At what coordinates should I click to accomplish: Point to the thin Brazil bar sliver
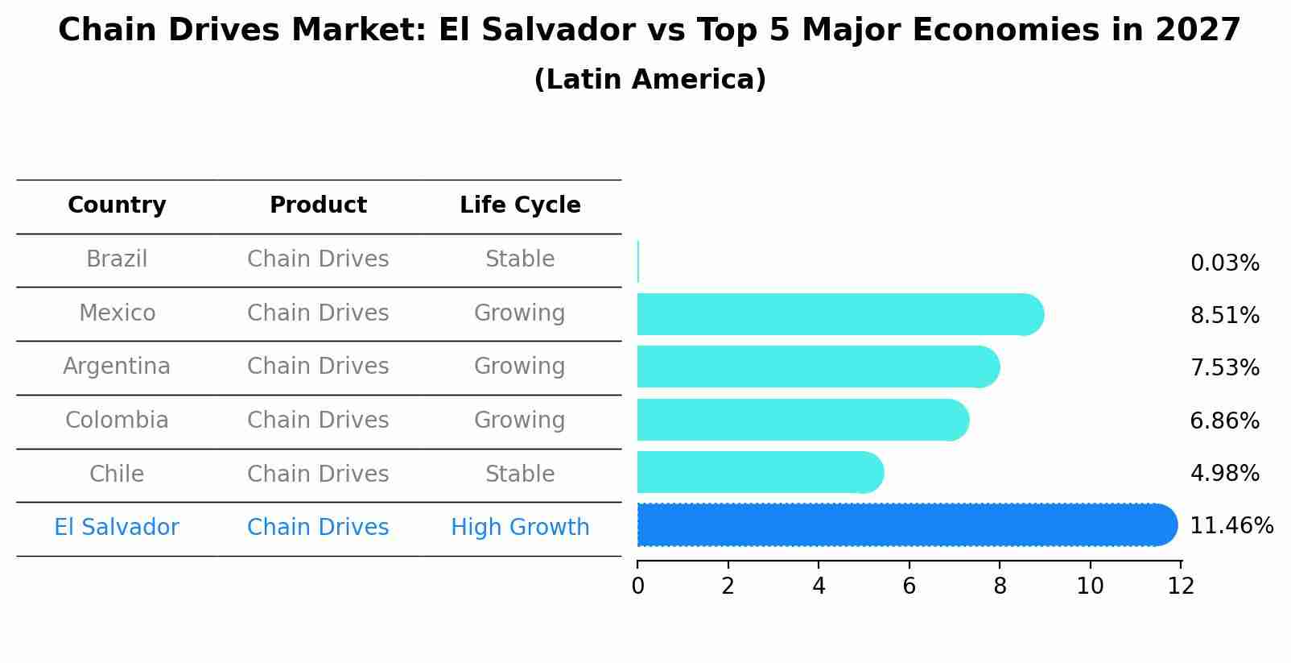638,262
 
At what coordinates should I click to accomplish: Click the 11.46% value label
1231,526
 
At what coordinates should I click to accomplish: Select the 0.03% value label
1224,263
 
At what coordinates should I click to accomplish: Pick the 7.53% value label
1224,368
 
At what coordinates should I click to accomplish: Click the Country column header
117,205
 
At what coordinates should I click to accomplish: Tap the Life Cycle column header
520,205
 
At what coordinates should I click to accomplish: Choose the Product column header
318,205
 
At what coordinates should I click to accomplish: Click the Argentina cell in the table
117,367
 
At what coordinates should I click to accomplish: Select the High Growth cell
520,528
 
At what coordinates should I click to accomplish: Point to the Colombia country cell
117,421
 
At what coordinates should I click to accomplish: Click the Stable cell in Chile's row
520,474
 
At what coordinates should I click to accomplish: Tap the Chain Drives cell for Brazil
318,259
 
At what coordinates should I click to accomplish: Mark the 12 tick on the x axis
1181,586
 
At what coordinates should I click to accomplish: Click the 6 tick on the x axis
909,586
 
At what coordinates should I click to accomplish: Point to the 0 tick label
637,586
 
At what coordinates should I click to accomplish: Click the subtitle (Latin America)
650,80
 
